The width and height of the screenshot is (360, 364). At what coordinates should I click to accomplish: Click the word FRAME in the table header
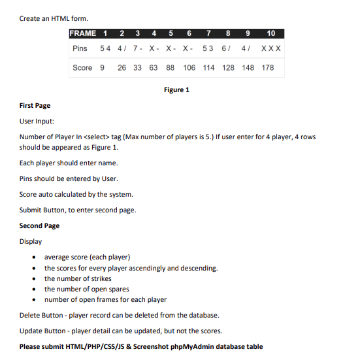(82, 33)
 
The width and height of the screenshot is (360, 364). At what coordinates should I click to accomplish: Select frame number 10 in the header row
(271, 33)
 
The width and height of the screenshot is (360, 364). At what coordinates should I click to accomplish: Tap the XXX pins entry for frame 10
(270, 49)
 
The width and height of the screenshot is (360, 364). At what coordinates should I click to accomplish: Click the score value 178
(268, 68)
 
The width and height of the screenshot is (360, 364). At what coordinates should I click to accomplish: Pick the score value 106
(189, 68)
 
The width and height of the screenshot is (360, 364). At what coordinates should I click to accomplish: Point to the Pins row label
(80, 49)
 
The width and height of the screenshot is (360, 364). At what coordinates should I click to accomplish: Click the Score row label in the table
(82, 68)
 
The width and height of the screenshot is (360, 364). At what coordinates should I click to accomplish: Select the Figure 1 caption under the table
(176, 90)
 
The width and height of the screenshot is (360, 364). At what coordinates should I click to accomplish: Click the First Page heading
(35, 105)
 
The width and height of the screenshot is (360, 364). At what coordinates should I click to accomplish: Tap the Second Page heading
(39, 225)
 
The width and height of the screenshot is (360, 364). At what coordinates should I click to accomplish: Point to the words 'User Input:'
(37, 121)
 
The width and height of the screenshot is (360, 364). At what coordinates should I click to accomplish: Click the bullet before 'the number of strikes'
(34, 279)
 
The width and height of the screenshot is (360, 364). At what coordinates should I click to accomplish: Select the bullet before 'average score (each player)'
(34, 257)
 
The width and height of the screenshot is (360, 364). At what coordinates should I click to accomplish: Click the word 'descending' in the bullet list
(199, 268)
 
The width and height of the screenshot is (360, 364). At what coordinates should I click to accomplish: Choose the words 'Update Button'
(41, 331)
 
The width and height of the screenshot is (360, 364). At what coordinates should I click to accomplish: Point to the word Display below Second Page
(31, 241)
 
